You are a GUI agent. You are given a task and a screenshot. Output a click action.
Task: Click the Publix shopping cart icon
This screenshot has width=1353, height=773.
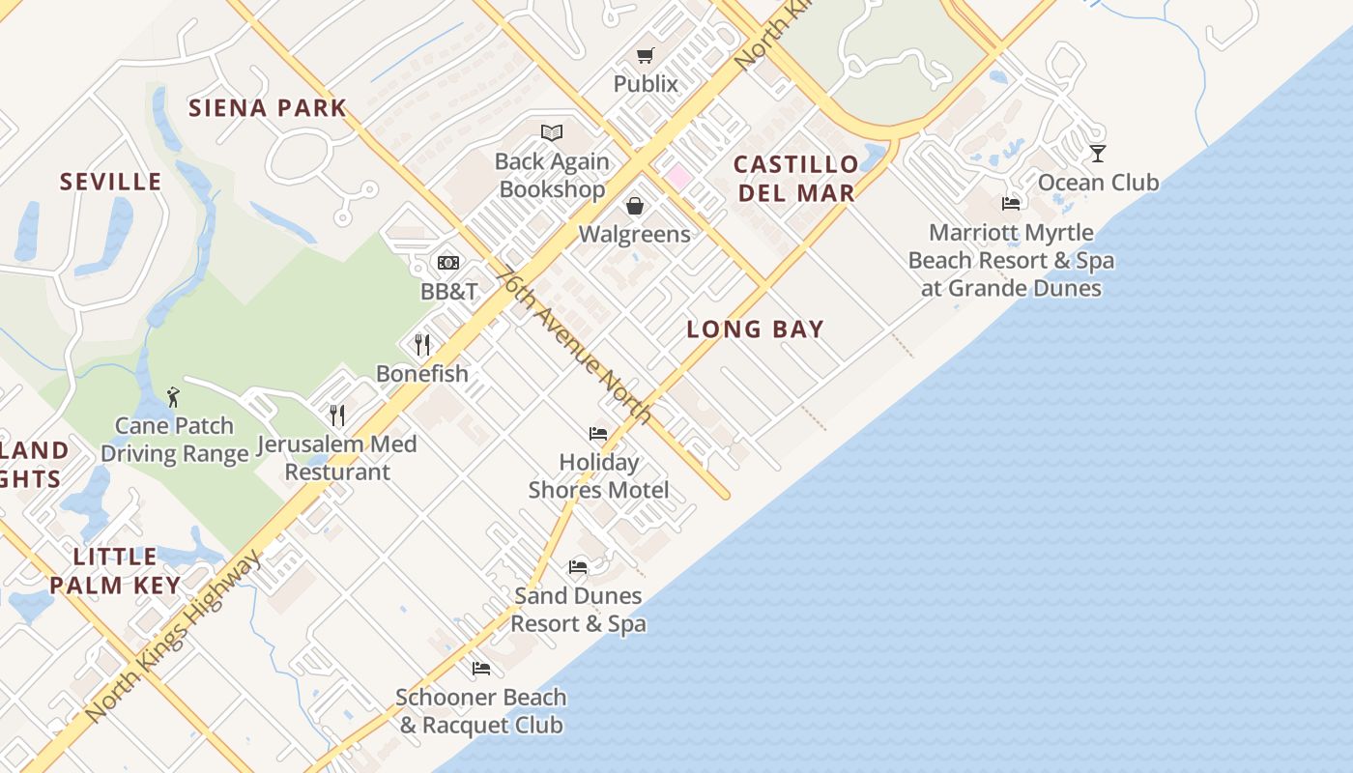click(x=645, y=56)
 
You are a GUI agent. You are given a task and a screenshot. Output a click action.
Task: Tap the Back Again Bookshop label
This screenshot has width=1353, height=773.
click(x=552, y=176)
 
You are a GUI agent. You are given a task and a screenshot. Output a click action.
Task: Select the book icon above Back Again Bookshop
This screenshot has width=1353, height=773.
click(x=552, y=132)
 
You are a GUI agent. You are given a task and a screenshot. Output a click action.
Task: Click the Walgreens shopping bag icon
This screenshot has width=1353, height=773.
click(x=635, y=206)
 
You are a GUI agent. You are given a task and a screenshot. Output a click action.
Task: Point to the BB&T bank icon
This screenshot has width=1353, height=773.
click(x=447, y=263)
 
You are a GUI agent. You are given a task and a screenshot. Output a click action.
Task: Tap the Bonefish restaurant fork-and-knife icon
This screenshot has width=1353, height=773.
click(x=422, y=345)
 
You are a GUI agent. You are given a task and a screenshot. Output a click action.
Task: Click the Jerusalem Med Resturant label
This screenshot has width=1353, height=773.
click(x=337, y=458)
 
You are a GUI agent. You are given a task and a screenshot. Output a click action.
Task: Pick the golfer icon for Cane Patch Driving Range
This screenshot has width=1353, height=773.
click(x=173, y=396)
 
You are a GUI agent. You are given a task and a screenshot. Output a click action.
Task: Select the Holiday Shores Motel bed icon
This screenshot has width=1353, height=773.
click(x=598, y=434)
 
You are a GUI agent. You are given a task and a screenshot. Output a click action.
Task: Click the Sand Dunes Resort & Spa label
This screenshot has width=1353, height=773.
click(x=578, y=610)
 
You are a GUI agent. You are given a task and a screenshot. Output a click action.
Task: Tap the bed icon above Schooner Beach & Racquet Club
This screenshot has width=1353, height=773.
click(x=480, y=669)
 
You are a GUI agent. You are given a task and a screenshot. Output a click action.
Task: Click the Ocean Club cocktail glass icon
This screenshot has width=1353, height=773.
click(x=1097, y=154)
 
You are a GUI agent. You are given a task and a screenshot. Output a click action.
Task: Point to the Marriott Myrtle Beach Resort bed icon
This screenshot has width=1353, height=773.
click(x=1011, y=204)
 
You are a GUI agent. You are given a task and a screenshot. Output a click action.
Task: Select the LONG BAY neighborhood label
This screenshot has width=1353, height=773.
click(x=756, y=329)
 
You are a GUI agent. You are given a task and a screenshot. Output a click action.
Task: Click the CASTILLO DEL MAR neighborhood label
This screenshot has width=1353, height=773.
click(x=796, y=179)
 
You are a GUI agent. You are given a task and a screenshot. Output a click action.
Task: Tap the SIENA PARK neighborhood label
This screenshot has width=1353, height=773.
click(x=268, y=107)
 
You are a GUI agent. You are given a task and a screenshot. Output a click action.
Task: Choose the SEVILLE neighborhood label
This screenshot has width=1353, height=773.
click(x=110, y=182)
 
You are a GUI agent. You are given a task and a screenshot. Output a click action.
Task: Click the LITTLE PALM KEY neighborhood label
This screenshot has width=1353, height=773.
click(x=115, y=571)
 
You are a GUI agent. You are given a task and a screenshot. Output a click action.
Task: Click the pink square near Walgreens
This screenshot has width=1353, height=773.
click(x=678, y=177)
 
